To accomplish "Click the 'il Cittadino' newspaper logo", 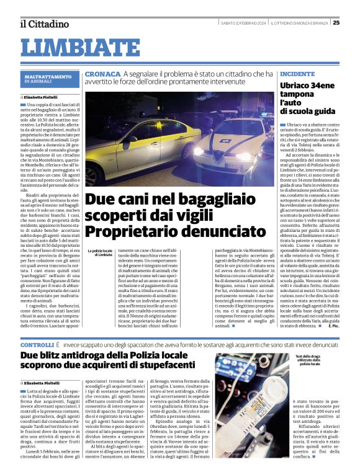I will [43, 23].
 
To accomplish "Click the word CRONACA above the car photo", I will [103, 74].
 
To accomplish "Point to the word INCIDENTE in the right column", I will [297, 73].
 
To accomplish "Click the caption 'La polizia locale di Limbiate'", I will [99, 252].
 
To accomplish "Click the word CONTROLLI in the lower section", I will [37, 344].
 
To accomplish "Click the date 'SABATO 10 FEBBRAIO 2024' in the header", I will [240, 23].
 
